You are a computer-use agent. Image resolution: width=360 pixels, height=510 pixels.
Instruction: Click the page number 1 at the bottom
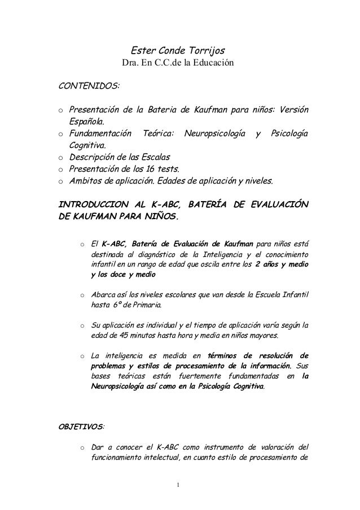click(179, 485)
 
